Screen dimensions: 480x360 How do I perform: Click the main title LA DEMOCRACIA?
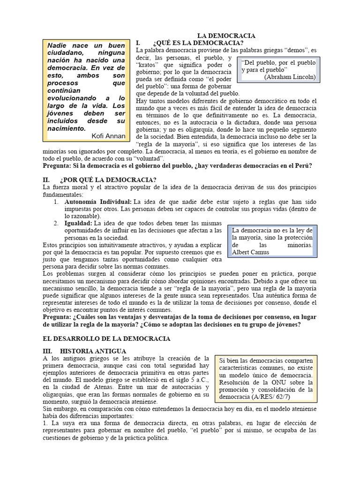226,36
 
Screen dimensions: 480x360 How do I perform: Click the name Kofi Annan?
109,136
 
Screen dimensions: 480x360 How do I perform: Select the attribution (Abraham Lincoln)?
290,77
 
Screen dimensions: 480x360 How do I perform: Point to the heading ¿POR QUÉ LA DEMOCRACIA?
108,180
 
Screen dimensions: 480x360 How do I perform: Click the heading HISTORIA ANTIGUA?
93,351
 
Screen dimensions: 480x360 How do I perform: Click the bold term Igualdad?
78,224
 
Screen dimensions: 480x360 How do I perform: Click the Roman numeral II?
46,180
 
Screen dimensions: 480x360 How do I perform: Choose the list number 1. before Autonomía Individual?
55,202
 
